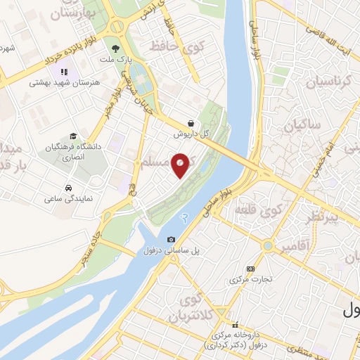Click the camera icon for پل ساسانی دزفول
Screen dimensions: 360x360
pyautogui.click(x=171, y=240)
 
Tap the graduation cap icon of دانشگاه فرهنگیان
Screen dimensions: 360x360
pyautogui.click(x=73, y=136)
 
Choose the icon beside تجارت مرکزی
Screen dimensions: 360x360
pyautogui.click(x=251, y=269)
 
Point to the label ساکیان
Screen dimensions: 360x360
pyautogui.click(x=303, y=126)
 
